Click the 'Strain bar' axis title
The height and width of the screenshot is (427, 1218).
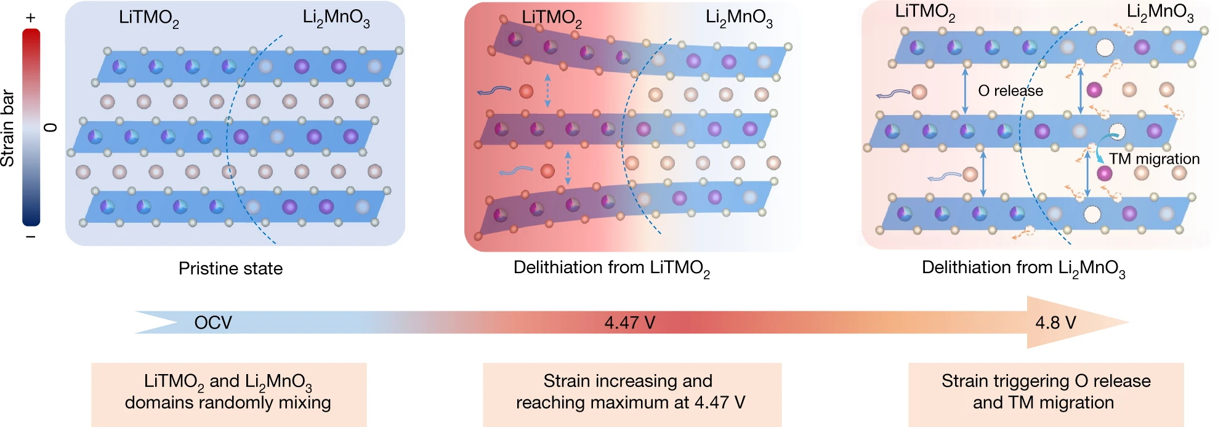(x=8, y=128)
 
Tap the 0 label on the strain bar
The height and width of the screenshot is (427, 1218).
(x=51, y=127)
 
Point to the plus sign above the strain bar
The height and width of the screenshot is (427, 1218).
(x=31, y=18)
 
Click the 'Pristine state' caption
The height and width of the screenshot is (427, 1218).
(x=230, y=268)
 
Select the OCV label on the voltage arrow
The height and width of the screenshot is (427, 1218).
(x=213, y=322)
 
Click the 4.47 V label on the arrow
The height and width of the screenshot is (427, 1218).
(x=629, y=322)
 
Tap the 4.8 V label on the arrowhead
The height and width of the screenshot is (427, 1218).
(x=1055, y=322)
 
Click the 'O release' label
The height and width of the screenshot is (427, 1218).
(x=1010, y=91)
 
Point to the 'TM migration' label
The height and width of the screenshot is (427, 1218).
(x=1155, y=159)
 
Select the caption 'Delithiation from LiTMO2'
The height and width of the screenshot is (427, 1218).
(x=611, y=268)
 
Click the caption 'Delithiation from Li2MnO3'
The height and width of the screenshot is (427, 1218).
(x=1023, y=268)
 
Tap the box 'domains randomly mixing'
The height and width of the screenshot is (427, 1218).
(x=228, y=393)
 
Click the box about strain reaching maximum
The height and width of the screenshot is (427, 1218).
(x=631, y=393)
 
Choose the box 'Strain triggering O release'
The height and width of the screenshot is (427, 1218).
(x=1046, y=393)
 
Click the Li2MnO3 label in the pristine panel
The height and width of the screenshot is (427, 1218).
(x=336, y=18)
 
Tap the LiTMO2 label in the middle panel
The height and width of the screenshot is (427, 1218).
(x=552, y=18)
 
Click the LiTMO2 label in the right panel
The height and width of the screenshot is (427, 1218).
(x=925, y=12)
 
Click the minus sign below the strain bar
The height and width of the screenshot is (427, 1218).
(x=31, y=237)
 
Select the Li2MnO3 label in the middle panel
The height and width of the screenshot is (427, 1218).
(x=739, y=18)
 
